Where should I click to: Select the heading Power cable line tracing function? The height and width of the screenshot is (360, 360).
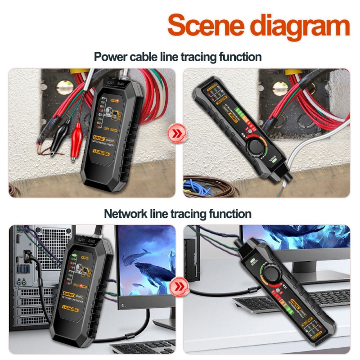pyautogui.click(x=178, y=57)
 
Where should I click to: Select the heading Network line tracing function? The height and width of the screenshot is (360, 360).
pyautogui.click(x=178, y=213)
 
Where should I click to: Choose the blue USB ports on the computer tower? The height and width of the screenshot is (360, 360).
pyautogui.click(x=20, y=270)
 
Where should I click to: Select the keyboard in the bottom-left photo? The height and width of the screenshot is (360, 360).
pyautogui.click(x=135, y=346)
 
